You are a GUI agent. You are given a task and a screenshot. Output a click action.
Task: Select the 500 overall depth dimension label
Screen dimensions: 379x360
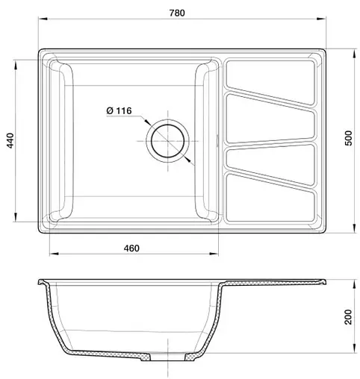tap(349, 141)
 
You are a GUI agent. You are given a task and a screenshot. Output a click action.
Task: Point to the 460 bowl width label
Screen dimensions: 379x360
tap(130, 248)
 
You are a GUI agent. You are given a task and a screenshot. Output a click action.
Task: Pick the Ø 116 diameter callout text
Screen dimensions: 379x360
tap(119, 111)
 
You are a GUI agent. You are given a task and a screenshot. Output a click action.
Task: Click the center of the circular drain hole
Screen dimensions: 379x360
tap(169, 140)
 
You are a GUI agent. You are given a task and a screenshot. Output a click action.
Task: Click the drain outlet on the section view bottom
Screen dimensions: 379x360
tap(169, 357)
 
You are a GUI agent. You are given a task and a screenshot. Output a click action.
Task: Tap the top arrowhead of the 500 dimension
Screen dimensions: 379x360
tap(354, 52)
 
